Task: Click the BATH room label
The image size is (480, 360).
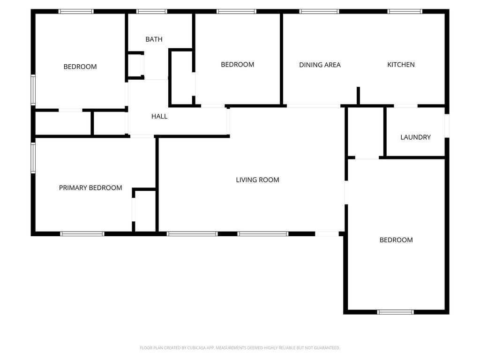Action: click(154, 39)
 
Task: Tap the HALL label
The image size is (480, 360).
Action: click(159, 116)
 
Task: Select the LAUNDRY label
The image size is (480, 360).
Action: click(415, 137)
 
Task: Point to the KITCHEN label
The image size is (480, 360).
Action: click(401, 65)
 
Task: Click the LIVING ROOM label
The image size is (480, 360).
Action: click(257, 180)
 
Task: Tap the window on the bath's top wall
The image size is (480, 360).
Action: click(151, 12)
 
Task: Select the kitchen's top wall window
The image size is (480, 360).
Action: click(405, 12)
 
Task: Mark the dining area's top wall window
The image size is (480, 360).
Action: click(319, 12)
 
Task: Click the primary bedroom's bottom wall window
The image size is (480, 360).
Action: click(82, 234)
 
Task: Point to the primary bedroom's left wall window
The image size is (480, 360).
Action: click(33, 157)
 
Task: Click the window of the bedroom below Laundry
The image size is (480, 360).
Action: click(395, 312)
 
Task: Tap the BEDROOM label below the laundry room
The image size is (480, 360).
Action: click(396, 240)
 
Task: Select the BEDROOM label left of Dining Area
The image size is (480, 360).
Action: click(238, 65)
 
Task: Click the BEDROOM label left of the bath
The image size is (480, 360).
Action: click(80, 67)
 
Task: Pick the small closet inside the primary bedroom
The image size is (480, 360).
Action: click(145, 211)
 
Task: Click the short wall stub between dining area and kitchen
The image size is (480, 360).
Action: click(358, 96)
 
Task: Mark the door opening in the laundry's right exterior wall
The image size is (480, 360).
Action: click(447, 126)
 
